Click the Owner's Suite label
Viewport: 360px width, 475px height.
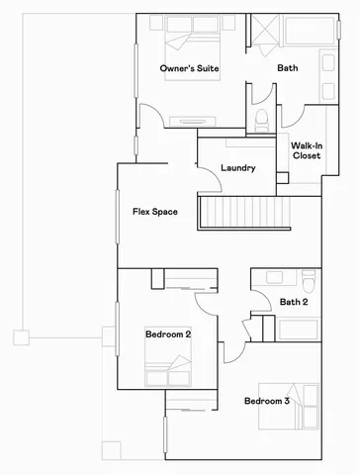190,68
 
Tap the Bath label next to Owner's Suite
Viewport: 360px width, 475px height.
287,68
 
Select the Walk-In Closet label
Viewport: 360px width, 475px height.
305,150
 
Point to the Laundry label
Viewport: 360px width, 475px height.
238,168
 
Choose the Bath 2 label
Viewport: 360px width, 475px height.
294,302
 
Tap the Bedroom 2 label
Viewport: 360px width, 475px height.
167,334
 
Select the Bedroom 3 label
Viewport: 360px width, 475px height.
267,401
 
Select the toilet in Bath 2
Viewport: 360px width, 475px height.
309,278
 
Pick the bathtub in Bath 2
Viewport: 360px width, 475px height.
295,328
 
